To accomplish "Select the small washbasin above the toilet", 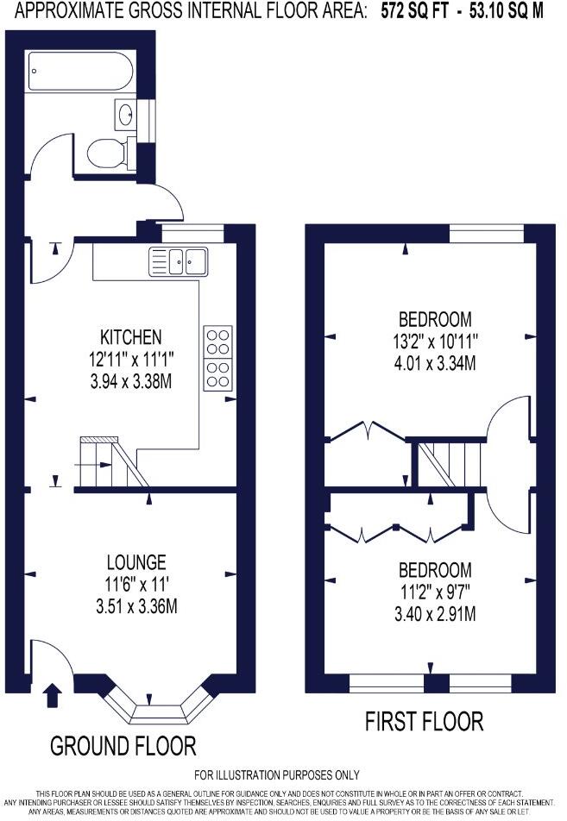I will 125,112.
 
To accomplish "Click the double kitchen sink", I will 178,260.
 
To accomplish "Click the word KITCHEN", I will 131,336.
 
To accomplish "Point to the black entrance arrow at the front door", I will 53,693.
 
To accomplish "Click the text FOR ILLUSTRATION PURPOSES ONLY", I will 277,775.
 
